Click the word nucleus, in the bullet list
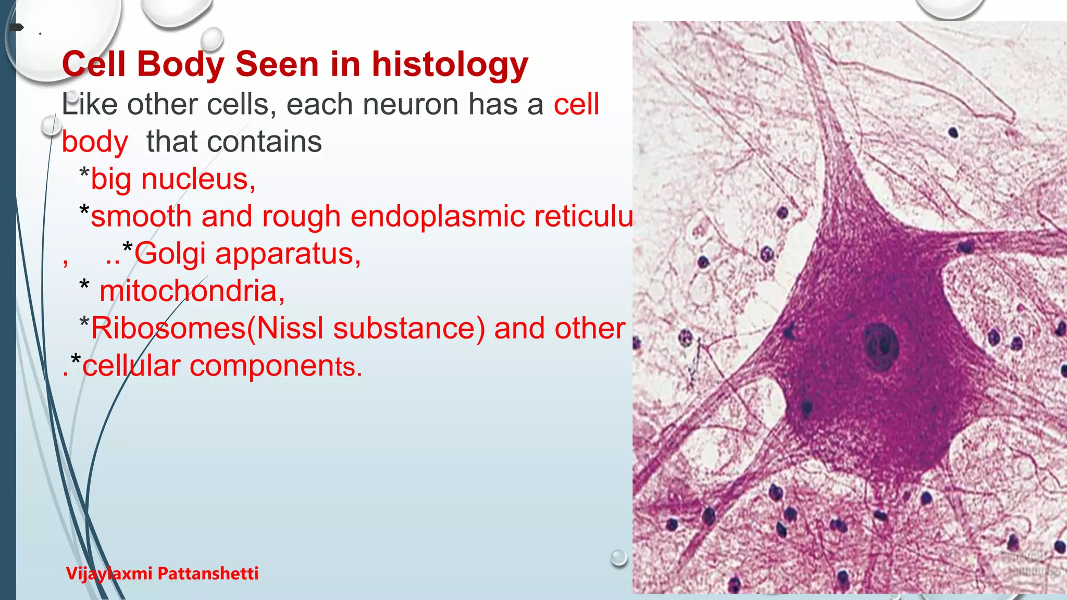pos(198,179)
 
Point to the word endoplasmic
pos(437,217)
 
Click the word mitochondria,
pos(192,291)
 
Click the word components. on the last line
pos(276,366)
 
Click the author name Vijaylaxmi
pos(109,573)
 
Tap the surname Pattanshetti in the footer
pos(208,573)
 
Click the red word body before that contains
pos(95,142)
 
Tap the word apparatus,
pos(288,254)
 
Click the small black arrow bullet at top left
pos(17,28)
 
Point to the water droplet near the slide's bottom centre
pos(618,557)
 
